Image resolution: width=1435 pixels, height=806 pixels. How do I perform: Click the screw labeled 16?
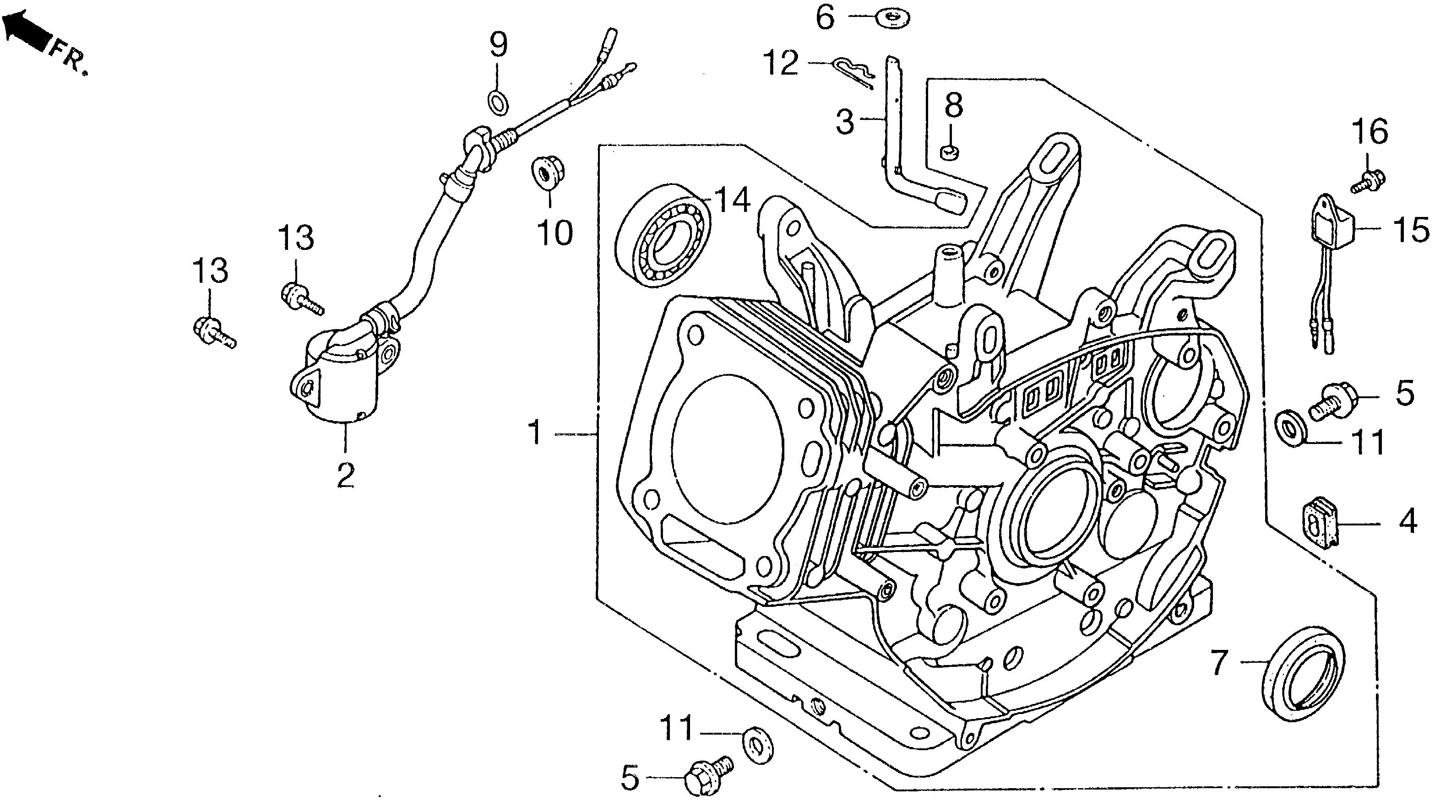coord(1368,182)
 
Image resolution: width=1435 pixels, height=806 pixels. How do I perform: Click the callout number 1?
coord(535,433)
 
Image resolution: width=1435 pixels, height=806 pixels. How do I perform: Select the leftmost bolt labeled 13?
coord(213,331)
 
